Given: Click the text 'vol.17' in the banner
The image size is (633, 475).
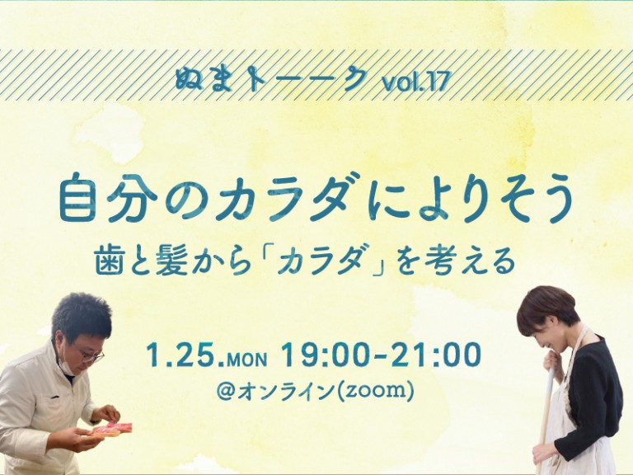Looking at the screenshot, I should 416,82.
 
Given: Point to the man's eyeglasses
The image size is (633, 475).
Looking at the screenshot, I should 89,355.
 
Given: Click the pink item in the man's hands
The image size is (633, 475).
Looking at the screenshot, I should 114,428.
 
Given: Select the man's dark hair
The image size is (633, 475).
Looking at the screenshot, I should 80,316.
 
